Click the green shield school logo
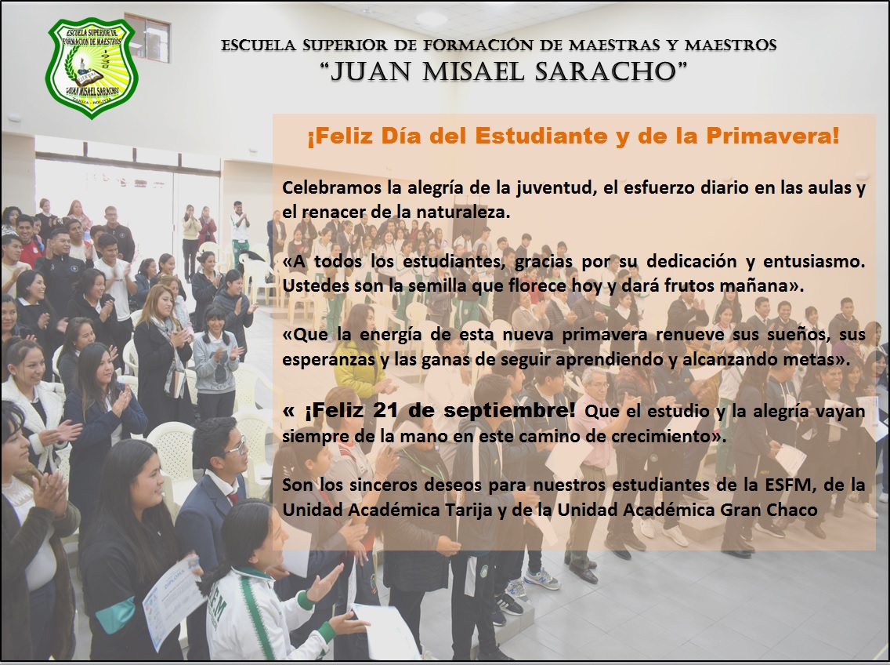click(91, 67)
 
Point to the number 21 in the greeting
click(386, 410)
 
